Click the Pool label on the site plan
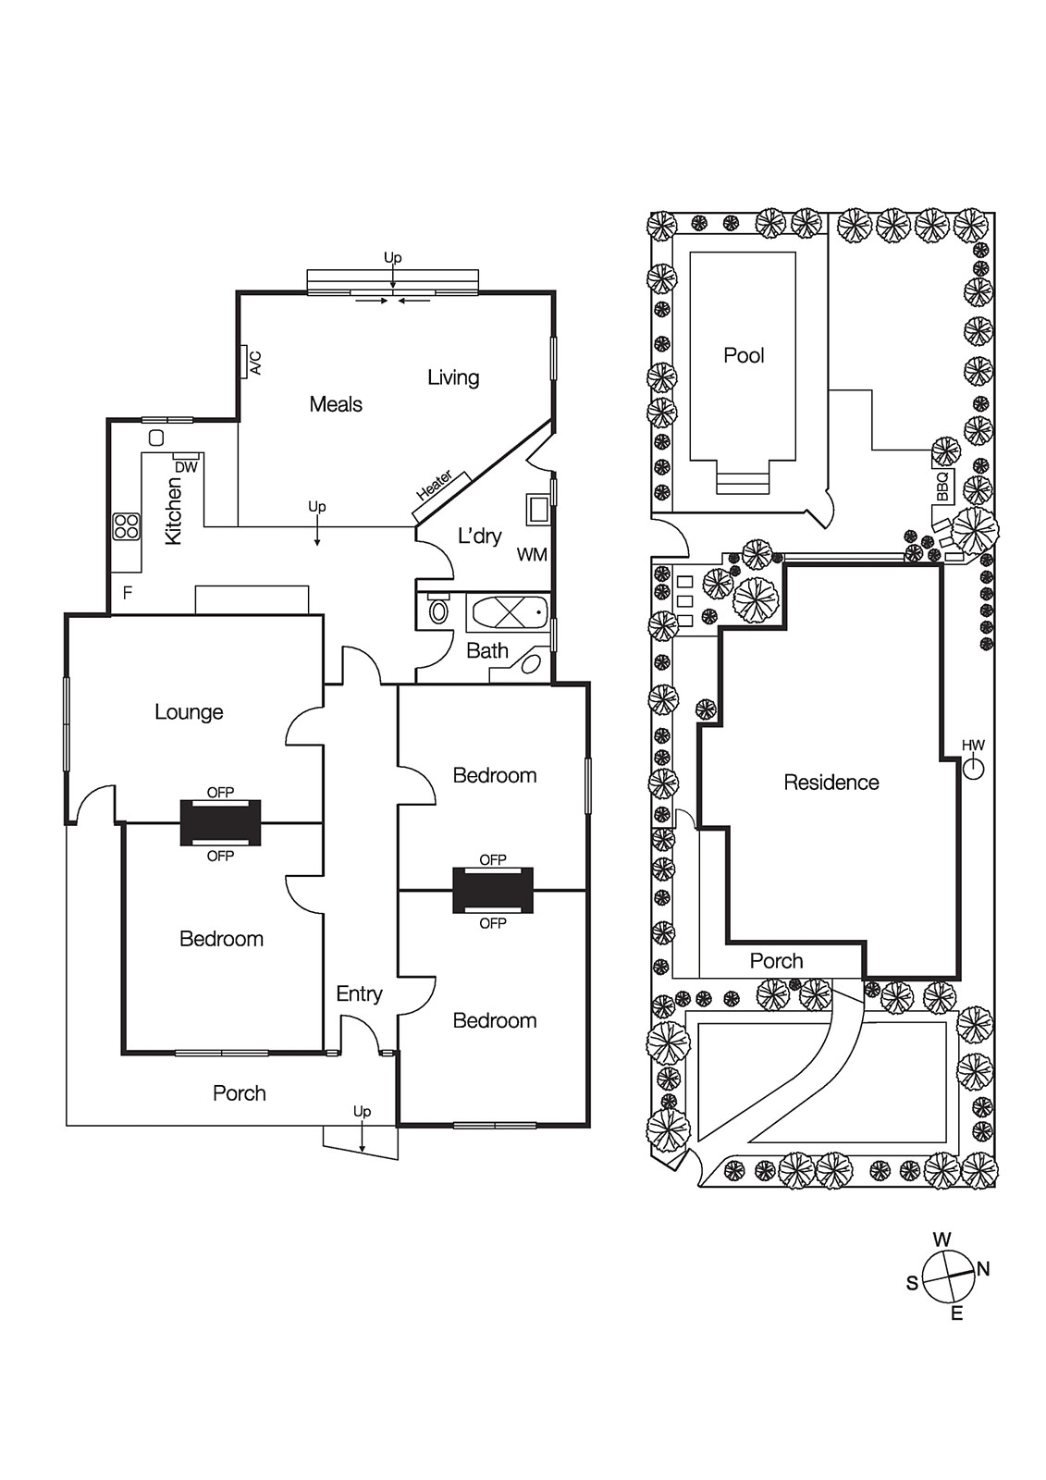coord(744,355)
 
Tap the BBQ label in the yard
coord(942,487)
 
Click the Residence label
coord(831,783)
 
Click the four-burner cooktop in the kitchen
coord(126,526)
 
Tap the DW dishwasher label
coord(186,467)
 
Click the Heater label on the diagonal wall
coord(435,485)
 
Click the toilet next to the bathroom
coord(438,610)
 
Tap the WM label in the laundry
coord(532,555)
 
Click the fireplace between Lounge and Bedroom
coord(220,823)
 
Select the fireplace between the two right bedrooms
coord(492,891)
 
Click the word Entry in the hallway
coord(359,993)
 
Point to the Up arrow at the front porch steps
coord(362,1130)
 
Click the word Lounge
coord(189,712)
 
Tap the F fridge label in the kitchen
coord(128,593)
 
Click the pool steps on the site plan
coord(743,482)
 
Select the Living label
coord(453,377)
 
